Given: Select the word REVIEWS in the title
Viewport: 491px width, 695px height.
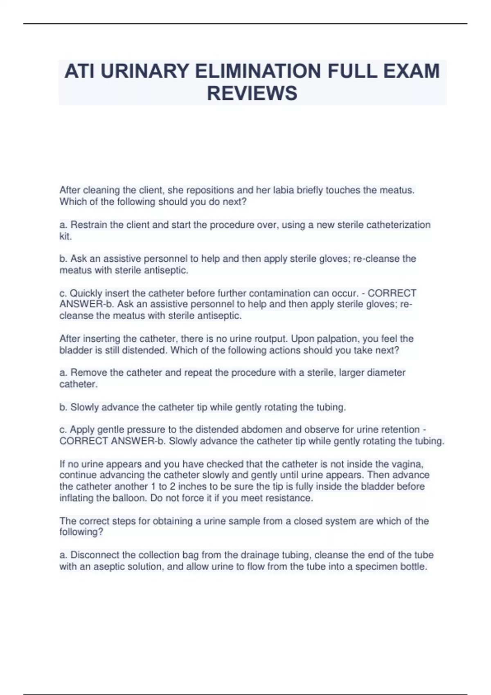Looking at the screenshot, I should (x=252, y=93).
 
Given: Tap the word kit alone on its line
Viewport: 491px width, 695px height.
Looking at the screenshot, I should (x=65, y=236).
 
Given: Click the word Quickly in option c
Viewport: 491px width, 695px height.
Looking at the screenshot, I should (x=86, y=293).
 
